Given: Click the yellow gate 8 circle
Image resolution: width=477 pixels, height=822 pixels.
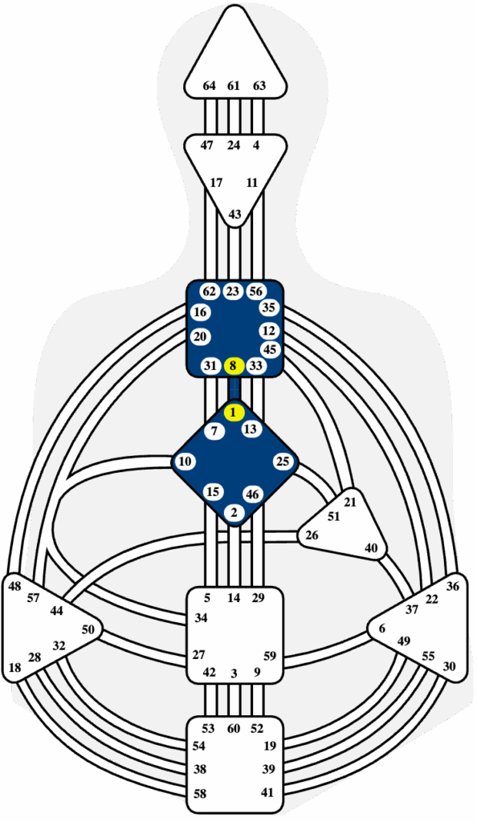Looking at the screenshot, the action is click(x=234, y=365).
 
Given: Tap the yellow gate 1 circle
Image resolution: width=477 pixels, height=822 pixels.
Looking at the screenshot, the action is click(x=234, y=413).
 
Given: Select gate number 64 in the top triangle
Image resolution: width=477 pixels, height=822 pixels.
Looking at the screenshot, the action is click(x=209, y=85).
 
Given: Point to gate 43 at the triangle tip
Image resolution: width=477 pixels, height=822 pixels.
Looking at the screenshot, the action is click(x=234, y=214).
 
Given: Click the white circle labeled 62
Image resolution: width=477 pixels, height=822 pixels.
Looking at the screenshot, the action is click(x=210, y=291).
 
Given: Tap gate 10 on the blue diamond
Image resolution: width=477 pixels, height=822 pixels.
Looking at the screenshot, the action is click(x=185, y=462).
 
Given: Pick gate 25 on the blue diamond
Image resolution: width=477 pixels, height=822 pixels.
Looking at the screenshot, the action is click(x=283, y=462).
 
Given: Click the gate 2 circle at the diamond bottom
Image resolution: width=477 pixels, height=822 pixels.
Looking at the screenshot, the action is click(x=234, y=512).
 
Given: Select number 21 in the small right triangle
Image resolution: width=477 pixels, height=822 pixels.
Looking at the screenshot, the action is click(x=349, y=503).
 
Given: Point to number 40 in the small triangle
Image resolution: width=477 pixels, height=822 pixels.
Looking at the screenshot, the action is click(x=371, y=548).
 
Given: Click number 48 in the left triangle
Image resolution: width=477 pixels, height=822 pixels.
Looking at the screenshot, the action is click(x=15, y=586).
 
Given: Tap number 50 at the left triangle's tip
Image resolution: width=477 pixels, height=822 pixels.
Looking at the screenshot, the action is click(x=88, y=629).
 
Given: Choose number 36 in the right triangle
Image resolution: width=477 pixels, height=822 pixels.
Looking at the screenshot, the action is click(x=452, y=586).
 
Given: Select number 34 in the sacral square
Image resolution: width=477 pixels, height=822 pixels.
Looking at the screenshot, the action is click(x=201, y=618).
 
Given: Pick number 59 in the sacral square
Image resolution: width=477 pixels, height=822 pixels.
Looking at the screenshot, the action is click(x=269, y=657).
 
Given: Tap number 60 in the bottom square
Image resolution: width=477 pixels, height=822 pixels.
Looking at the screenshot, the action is click(x=234, y=729).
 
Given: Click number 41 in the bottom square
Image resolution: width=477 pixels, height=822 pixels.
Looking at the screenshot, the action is click(x=268, y=792).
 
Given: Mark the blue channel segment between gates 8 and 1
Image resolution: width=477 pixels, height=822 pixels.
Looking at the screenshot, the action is click(x=234, y=389).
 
